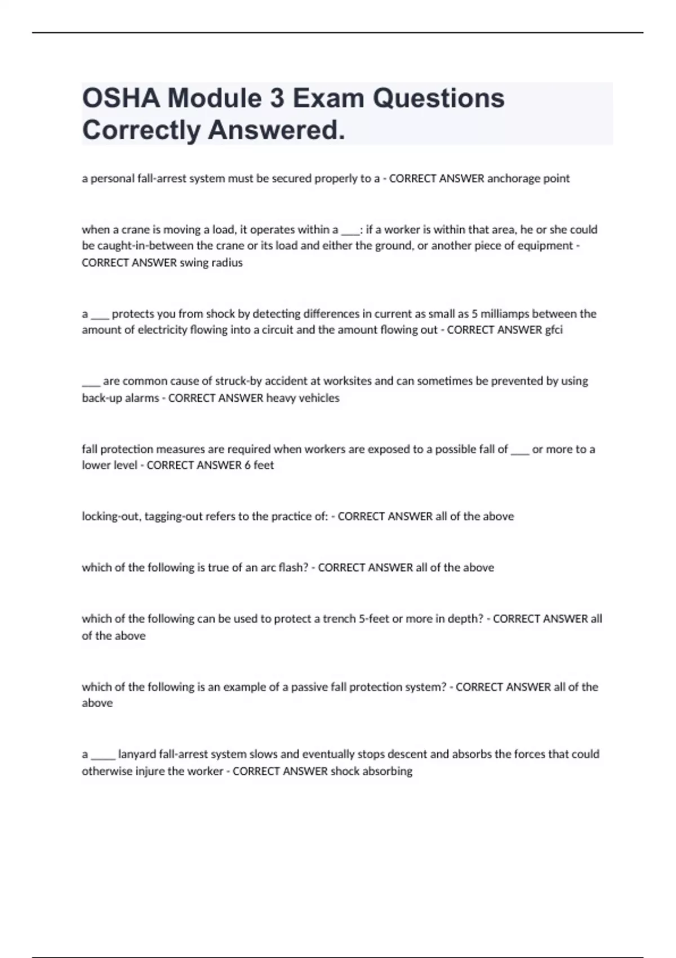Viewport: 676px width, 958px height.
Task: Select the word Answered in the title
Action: click(277, 131)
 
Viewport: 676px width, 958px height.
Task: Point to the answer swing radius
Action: click(211, 263)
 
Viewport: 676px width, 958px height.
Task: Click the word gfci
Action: click(554, 330)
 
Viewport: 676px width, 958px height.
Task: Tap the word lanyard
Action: click(137, 754)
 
